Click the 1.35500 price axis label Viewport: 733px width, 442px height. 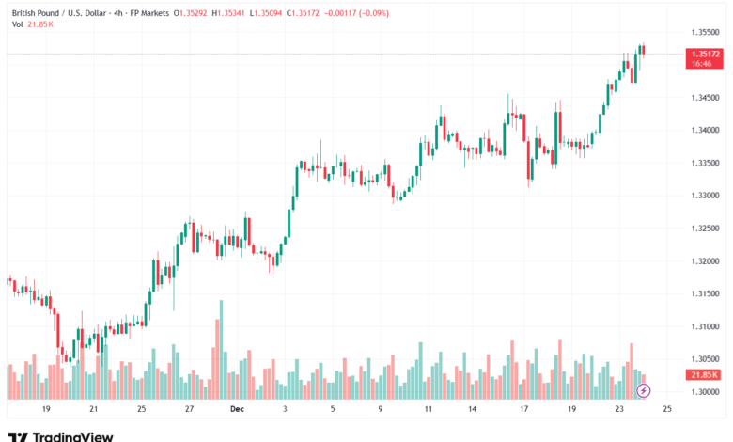click(706, 32)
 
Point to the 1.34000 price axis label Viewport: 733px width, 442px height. click(706, 130)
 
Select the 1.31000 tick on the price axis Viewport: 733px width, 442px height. click(706, 326)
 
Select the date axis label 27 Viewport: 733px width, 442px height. click(189, 410)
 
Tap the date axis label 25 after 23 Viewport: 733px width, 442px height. click(667, 410)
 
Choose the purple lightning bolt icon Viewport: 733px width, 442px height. click(644, 389)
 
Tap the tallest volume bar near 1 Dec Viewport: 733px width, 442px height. click(222, 348)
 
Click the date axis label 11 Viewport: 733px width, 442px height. click(429, 410)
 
